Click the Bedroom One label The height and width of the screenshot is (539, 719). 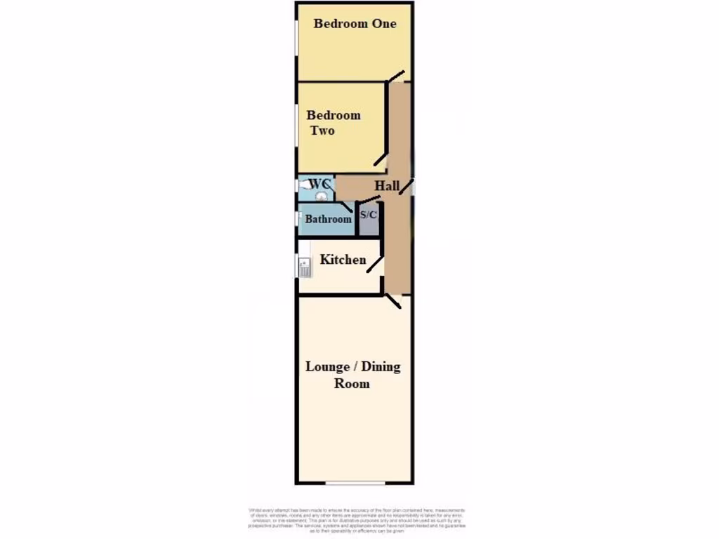tap(355, 23)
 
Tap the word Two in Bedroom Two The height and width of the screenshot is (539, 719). tap(322, 131)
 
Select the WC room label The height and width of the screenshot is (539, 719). tap(319, 183)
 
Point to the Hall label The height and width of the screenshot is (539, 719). tap(387, 186)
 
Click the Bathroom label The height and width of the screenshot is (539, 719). tap(328, 219)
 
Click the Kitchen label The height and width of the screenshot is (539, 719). tap(343, 260)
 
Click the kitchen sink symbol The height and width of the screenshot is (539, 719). tap(304, 267)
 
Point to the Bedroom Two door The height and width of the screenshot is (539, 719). tap(381, 159)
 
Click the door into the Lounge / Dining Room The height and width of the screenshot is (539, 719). tap(393, 302)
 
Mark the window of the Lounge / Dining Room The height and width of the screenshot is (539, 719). tap(355, 483)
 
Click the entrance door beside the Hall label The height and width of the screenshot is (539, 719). tap(412, 187)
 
